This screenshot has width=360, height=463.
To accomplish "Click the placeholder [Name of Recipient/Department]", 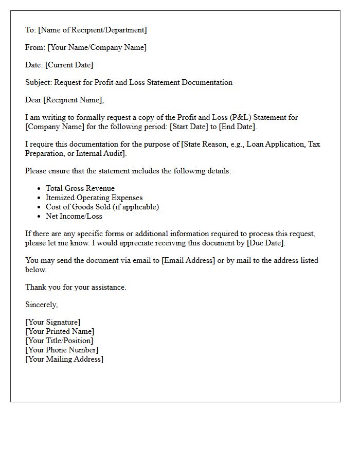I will [x=93, y=30].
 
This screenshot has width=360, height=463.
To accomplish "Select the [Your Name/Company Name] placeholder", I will [x=97, y=47].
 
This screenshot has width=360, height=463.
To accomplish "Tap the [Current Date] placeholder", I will [x=69, y=65].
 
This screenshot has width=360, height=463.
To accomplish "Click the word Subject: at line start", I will [x=39, y=82].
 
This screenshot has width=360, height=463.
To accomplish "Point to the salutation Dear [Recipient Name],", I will [x=64, y=100].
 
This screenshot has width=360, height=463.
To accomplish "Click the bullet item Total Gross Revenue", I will [x=80, y=188].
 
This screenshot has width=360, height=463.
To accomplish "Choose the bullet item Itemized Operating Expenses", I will [x=94, y=198].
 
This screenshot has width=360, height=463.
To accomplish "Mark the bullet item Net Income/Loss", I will [x=74, y=216].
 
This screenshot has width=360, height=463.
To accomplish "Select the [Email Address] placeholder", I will [x=188, y=260].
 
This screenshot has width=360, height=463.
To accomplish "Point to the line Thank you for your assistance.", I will [x=76, y=287].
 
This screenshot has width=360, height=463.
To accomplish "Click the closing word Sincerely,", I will [x=41, y=305].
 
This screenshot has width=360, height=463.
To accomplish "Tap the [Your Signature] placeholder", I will [x=53, y=322].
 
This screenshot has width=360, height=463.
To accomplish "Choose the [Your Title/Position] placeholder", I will [x=59, y=341].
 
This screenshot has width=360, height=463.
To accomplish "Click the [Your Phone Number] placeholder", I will [x=62, y=350].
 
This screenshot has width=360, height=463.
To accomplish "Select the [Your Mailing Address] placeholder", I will [x=64, y=359].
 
